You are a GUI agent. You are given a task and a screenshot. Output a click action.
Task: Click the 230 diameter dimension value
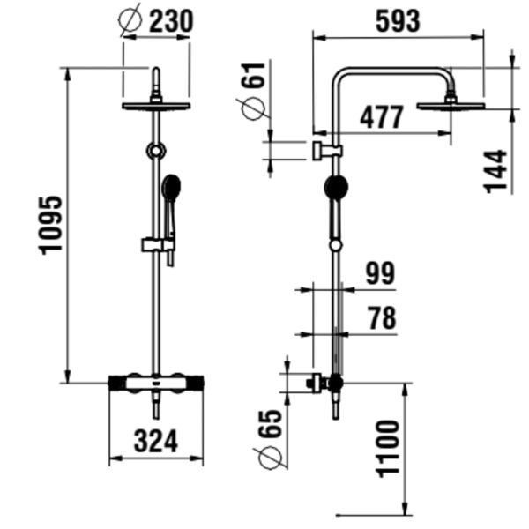pyautogui.click(x=169, y=21)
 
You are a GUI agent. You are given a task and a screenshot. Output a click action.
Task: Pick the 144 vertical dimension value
pyautogui.click(x=496, y=170)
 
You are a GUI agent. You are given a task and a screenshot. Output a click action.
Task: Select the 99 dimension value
pyautogui.click(x=381, y=273)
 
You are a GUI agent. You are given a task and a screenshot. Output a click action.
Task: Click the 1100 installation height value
pyautogui.click(x=388, y=447)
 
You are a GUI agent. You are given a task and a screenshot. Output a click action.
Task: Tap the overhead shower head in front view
pyautogui.click(x=156, y=106)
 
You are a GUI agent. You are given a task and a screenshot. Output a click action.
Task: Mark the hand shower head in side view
pyautogui.click(x=336, y=186)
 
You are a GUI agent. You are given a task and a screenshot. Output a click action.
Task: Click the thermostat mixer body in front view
pyautogui.click(x=156, y=383)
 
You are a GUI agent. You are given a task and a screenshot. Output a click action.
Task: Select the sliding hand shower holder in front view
pyautogui.click(x=155, y=242)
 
